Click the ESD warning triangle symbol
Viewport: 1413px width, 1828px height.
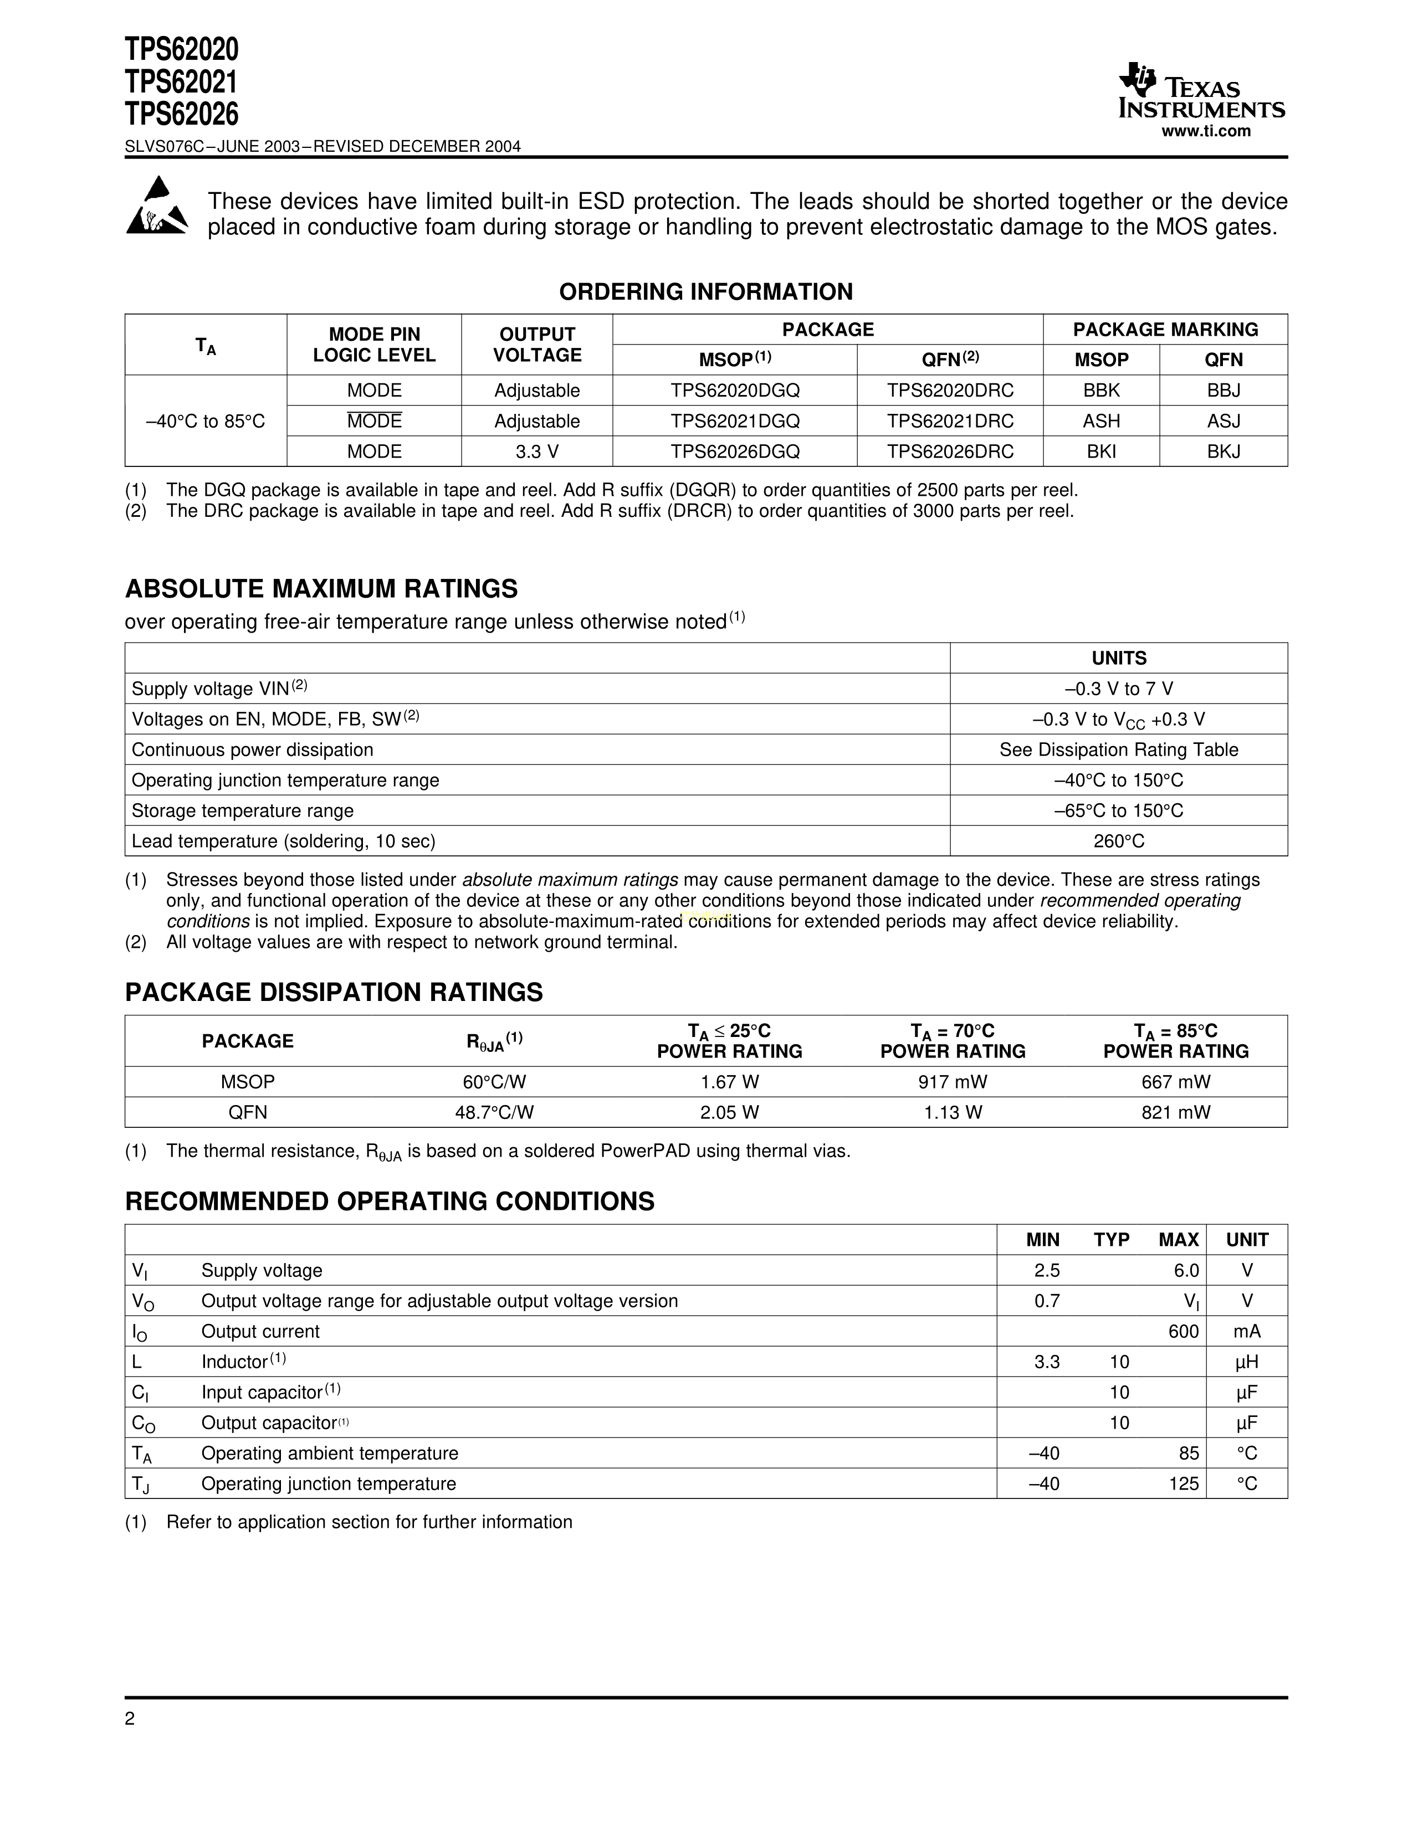[x=156, y=206]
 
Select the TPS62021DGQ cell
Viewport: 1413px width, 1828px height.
[x=734, y=421]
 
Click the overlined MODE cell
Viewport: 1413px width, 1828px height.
[x=374, y=421]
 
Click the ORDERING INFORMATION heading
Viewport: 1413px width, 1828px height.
[x=705, y=292]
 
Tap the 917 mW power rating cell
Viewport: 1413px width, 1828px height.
[x=953, y=1082]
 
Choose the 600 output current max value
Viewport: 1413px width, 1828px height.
[x=1183, y=1332]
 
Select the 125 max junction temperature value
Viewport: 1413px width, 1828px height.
[x=1183, y=1484]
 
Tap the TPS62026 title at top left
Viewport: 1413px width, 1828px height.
[x=182, y=114]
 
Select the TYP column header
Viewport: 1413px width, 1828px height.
[x=1111, y=1240]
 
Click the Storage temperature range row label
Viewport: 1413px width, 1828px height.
[x=243, y=811]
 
